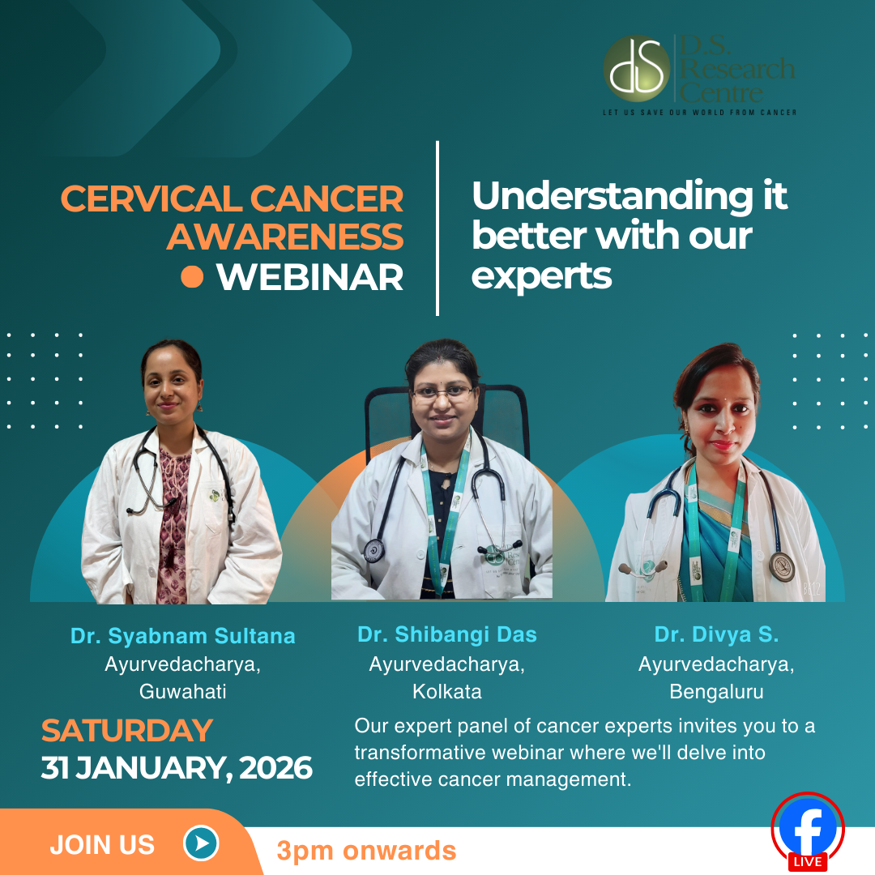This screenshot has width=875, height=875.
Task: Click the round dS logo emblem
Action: [636, 68]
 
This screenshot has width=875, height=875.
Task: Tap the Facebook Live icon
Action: [808, 831]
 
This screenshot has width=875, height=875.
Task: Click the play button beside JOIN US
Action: [201, 843]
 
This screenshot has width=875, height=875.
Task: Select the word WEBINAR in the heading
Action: [309, 277]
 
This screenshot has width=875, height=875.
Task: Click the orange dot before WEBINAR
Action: [192, 276]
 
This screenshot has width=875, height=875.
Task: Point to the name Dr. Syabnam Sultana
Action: [182, 636]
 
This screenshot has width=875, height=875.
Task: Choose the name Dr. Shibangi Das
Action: [447, 634]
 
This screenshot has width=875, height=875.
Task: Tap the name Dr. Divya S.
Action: [716, 634]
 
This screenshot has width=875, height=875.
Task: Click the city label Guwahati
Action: [182, 691]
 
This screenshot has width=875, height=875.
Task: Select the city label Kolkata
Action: [447, 691]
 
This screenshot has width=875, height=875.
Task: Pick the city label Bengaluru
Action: [716, 692]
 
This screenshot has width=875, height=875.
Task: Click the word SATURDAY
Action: [127, 731]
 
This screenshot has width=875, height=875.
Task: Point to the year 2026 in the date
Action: [275, 768]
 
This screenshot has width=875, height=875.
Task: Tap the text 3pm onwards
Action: [367, 851]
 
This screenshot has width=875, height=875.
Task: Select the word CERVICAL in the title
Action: [151, 198]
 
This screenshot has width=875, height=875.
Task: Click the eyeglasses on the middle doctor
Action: [443, 394]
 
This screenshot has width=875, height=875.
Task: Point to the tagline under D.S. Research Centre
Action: [700, 112]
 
